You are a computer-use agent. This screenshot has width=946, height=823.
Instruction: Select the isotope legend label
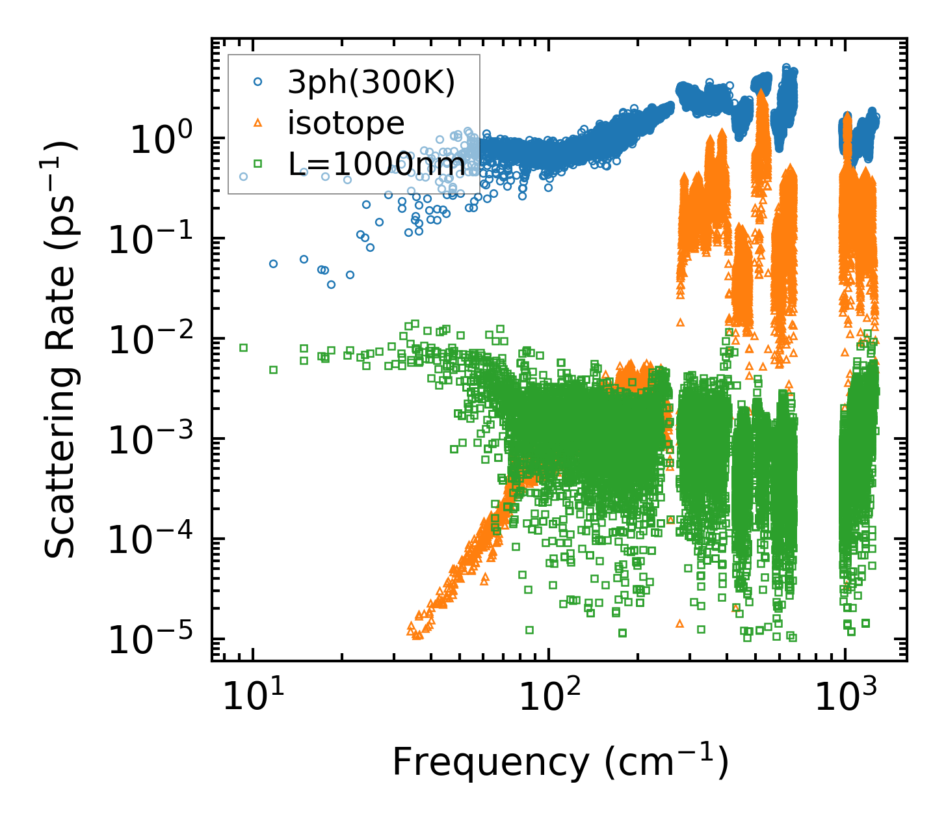[346, 124]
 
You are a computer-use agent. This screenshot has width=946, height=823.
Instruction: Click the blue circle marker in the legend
[258, 82]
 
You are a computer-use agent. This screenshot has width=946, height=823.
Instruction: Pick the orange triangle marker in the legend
[258, 123]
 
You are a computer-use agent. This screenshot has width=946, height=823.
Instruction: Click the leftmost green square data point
[244, 347]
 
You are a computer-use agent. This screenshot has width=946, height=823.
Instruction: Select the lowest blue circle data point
[331, 284]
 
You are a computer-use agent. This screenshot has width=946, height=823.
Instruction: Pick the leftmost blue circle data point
[244, 176]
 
